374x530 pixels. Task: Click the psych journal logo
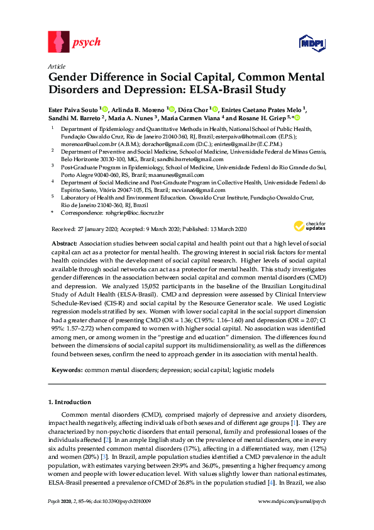(74, 43)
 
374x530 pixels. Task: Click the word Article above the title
(57, 65)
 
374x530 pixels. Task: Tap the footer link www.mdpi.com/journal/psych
(292, 519)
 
